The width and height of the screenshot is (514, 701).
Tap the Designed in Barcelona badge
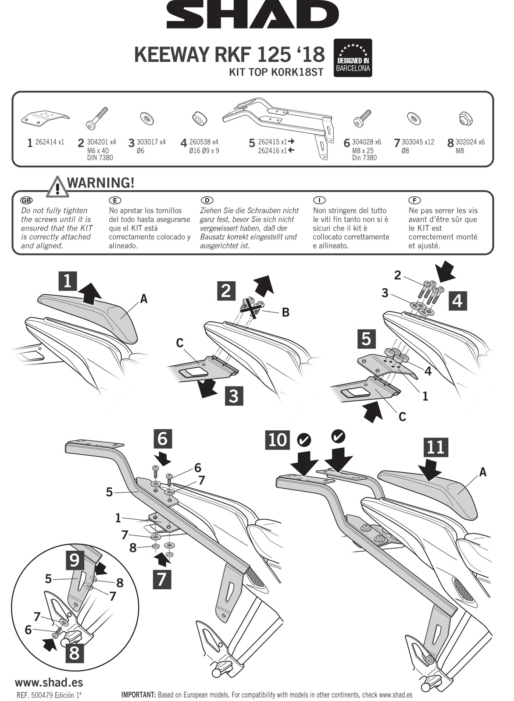point(353,58)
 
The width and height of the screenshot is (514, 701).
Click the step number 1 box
point(68,281)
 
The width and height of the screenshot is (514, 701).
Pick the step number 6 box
point(162,438)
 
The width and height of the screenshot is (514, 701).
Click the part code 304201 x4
point(101,142)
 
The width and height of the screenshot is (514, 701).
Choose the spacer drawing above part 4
point(200,118)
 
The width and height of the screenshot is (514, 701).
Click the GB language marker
point(26,200)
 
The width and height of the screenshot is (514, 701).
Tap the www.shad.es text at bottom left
point(49,682)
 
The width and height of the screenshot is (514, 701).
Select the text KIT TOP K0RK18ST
point(276,72)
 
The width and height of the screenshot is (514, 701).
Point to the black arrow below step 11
point(430,469)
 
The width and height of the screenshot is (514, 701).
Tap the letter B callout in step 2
point(285,312)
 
